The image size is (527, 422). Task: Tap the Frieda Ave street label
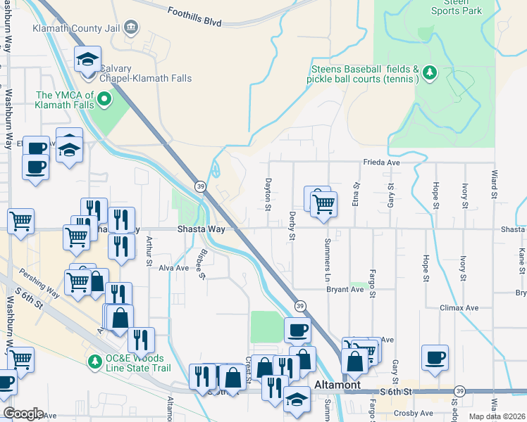[x=381, y=161]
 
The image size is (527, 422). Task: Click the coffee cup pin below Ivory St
[x=434, y=357]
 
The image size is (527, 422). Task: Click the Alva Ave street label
[x=173, y=268]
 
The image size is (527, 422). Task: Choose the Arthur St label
[x=149, y=251]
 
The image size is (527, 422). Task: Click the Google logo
[x=23, y=414]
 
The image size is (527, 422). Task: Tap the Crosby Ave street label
[x=414, y=413]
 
